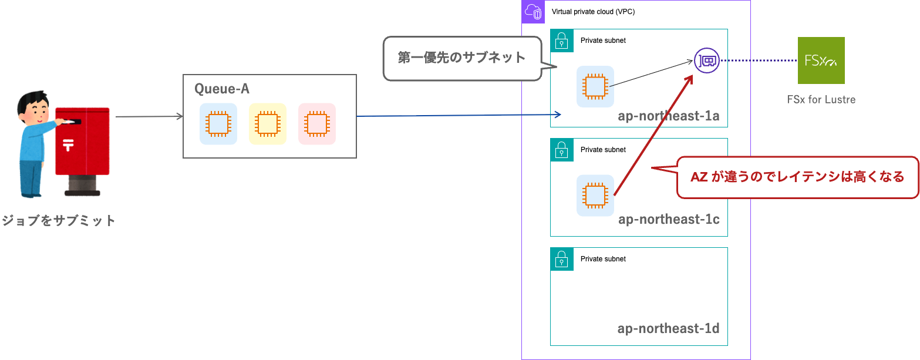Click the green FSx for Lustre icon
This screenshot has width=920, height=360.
[821, 60]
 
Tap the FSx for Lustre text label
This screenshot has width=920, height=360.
[821, 99]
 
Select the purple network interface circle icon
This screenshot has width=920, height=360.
[706, 60]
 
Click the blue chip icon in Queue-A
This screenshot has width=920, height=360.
[218, 124]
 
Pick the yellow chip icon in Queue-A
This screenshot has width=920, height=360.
[268, 124]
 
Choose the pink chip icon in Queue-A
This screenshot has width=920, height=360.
[317, 124]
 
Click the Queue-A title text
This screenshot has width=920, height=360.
[222, 89]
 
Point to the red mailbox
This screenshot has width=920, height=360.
[83, 144]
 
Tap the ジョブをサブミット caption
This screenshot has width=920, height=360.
[58, 221]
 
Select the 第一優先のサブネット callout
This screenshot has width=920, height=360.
[461, 58]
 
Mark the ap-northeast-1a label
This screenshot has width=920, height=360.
[668, 116]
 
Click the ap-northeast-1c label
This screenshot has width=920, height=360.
[668, 220]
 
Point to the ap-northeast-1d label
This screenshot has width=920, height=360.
[668, 328]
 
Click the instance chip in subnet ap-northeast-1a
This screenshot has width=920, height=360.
[595, 86]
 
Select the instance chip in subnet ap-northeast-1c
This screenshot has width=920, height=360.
[595, 196]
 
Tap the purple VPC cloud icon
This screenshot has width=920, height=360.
[533, 12]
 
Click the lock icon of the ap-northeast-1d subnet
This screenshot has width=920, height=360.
[562, 259]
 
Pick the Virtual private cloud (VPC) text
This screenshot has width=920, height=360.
[593, 12]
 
